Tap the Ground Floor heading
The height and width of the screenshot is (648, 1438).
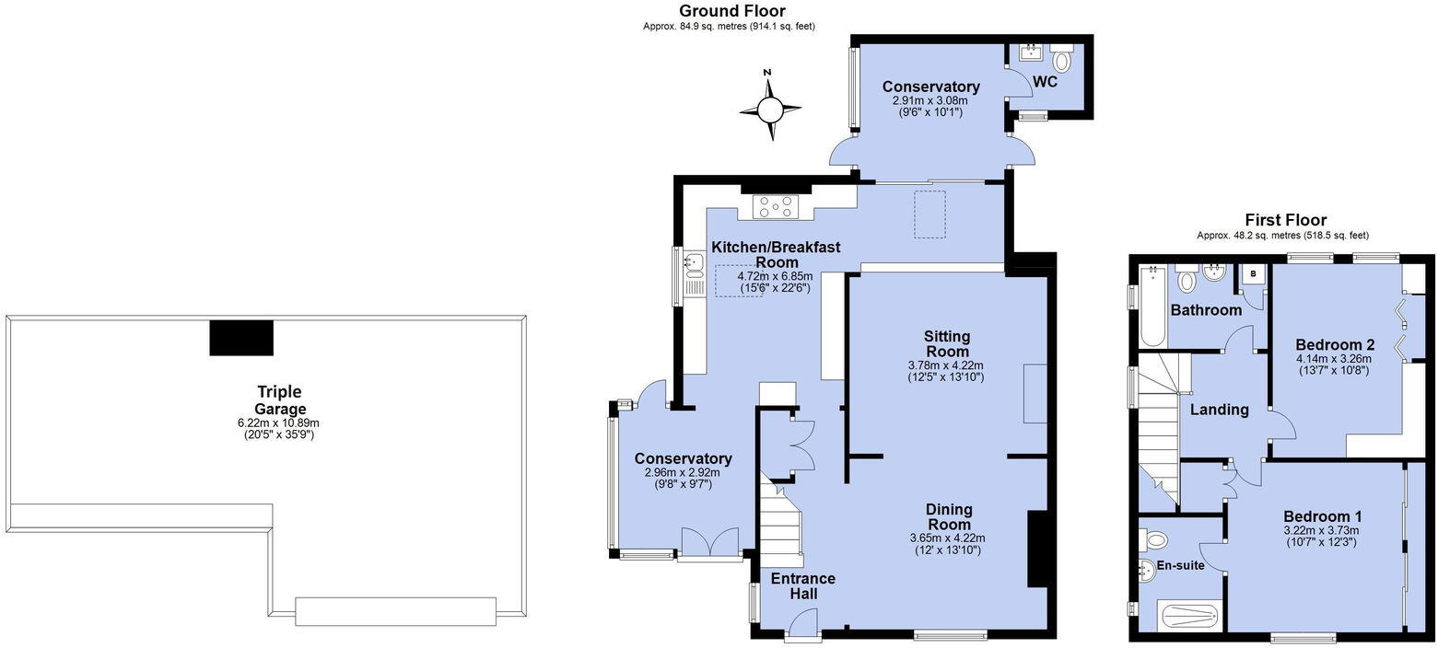point(731,11)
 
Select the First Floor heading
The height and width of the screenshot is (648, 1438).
point(1285,220)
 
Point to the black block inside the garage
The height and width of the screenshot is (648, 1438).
point(241,338)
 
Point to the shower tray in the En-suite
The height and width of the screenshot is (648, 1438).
point(1190,614)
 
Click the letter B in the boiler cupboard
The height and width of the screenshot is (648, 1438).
point(1253,274)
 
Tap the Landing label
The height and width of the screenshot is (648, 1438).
point(1219,410)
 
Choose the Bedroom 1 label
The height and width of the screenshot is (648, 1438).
point(1322,516)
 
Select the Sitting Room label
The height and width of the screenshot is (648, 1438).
point(946,343)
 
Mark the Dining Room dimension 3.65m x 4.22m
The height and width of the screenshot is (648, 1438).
point(946,538)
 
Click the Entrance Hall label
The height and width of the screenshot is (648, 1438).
point(802,586)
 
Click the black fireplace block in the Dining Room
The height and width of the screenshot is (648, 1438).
point(1036,549)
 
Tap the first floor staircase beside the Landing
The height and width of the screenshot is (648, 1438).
point(1160,433)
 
